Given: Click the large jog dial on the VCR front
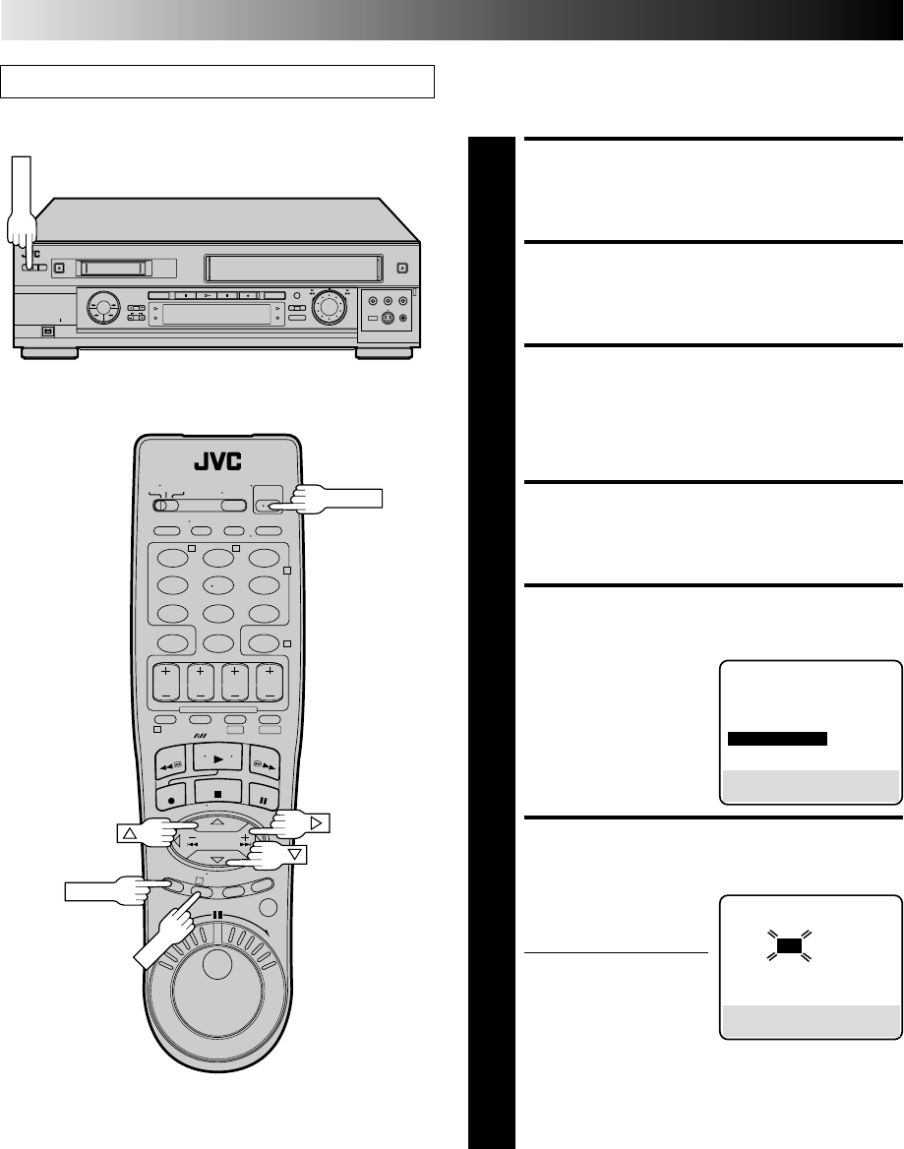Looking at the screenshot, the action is (x=328, y=308).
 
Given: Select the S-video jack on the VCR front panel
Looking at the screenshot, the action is (x=389, y=320).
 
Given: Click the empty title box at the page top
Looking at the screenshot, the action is (x=217, y=82).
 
